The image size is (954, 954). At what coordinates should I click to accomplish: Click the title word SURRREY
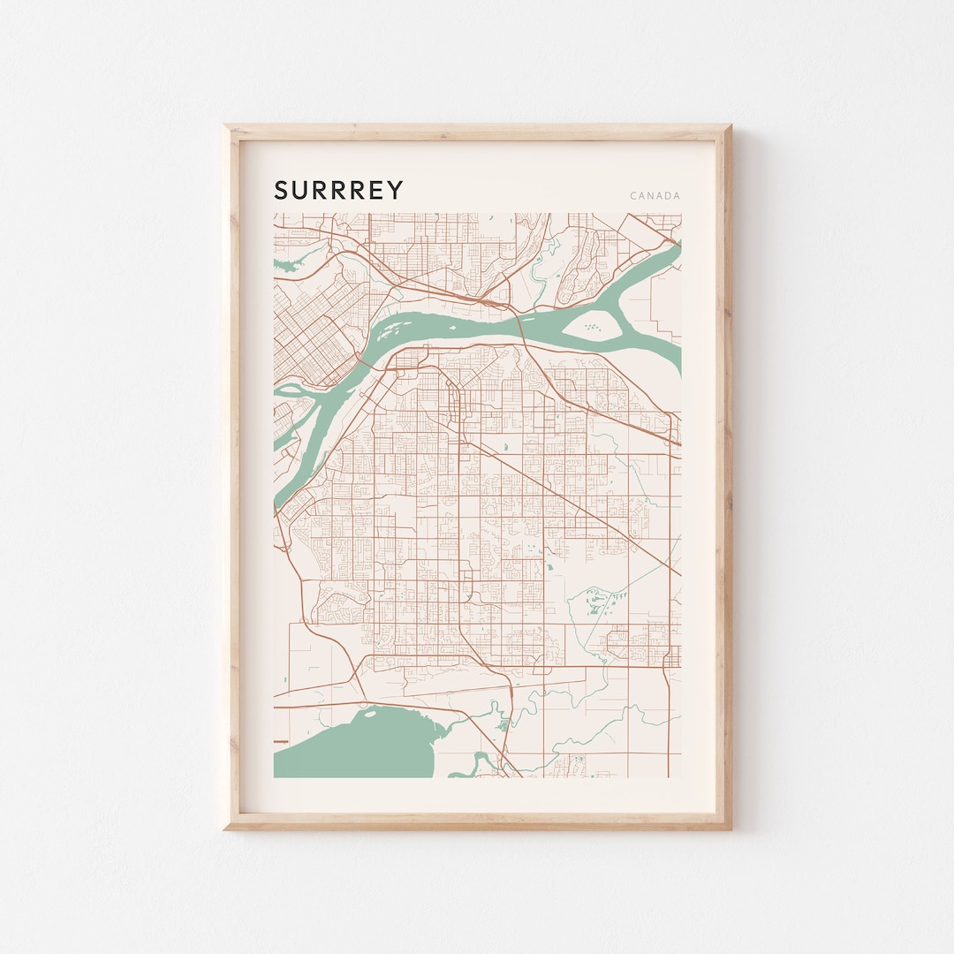338,190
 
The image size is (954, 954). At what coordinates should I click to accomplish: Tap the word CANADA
655,196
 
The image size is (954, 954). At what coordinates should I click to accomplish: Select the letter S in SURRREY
281,190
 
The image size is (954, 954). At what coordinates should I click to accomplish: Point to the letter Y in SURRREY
396,190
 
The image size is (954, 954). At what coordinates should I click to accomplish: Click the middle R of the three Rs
339,190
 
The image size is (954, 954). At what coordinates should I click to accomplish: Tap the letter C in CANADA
633,196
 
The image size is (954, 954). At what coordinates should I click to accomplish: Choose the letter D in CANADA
667,196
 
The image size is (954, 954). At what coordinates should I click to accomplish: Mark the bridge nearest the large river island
521,328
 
